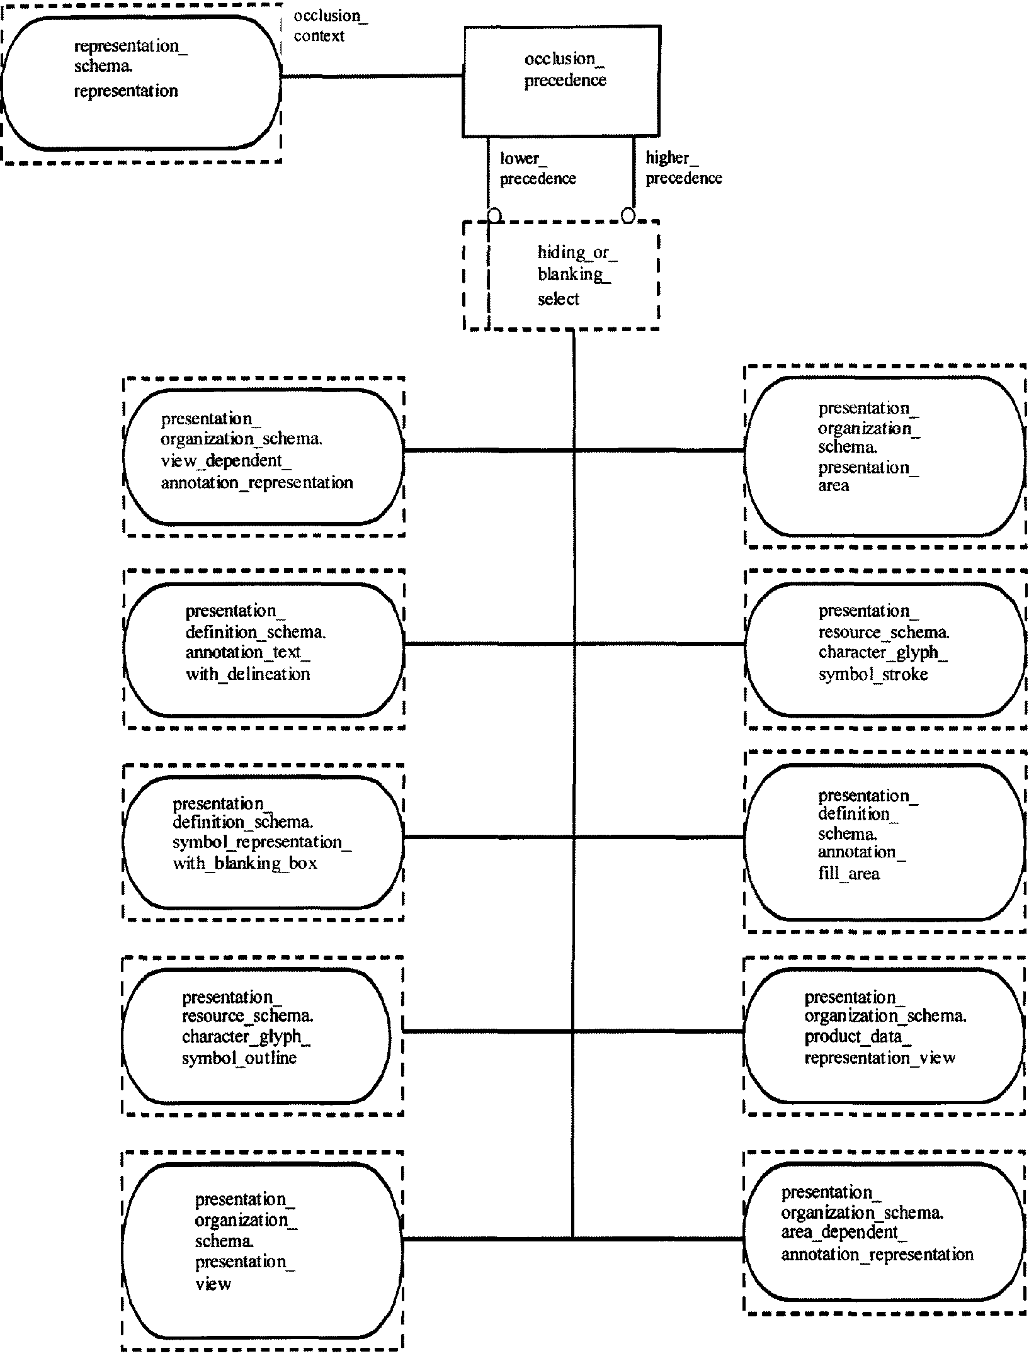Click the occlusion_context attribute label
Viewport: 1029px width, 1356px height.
(x=331, y=26)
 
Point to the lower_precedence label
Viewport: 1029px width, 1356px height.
(x=538, y=169)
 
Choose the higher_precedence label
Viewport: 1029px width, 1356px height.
(x=684, y=168)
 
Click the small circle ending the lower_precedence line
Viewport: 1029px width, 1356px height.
(x=495, y=215)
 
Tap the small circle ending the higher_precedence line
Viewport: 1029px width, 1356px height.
(x=628, y=215)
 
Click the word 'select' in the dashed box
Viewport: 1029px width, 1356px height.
(x=559, y=299)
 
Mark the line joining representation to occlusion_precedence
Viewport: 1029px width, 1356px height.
(x=372, y=76)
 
